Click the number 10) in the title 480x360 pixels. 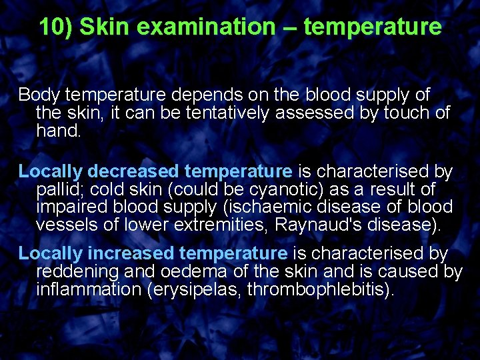tap(55, 27)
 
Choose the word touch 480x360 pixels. tap(405, 113)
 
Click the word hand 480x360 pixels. tap(58, 131)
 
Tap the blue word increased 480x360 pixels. tap(132, 254)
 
